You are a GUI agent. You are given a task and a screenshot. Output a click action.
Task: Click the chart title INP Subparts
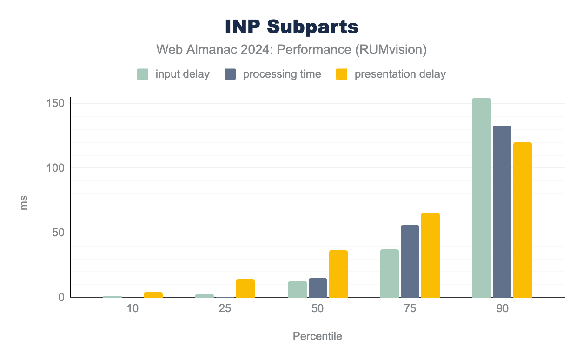291,27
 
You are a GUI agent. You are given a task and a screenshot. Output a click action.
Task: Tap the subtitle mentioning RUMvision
291,50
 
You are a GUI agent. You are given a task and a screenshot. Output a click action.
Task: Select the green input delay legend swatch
143,74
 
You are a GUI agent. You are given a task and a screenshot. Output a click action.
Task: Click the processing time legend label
282,74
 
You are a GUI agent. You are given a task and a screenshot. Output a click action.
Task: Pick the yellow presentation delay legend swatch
342,74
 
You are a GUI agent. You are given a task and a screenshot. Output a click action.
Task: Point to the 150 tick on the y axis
55,103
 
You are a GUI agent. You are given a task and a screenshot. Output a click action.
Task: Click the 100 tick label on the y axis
55,168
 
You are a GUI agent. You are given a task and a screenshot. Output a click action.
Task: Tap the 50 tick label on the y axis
58,233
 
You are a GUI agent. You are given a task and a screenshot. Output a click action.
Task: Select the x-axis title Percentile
318,336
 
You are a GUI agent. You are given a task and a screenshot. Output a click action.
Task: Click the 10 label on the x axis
132,309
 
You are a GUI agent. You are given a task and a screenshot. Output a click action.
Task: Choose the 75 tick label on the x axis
410,309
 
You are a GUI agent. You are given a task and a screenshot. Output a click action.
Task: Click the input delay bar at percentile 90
482,198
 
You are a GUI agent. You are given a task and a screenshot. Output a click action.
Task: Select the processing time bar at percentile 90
502,212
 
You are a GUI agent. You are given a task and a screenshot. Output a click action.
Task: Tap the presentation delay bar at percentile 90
523,220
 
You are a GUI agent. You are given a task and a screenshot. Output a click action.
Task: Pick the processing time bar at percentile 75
410,261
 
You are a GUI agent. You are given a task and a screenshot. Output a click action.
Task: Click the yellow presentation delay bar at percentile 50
338,274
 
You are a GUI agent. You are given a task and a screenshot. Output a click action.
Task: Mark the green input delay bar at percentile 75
390,273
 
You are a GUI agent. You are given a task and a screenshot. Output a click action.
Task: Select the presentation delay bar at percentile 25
245,288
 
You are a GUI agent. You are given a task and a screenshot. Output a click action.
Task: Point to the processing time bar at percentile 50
318,288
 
